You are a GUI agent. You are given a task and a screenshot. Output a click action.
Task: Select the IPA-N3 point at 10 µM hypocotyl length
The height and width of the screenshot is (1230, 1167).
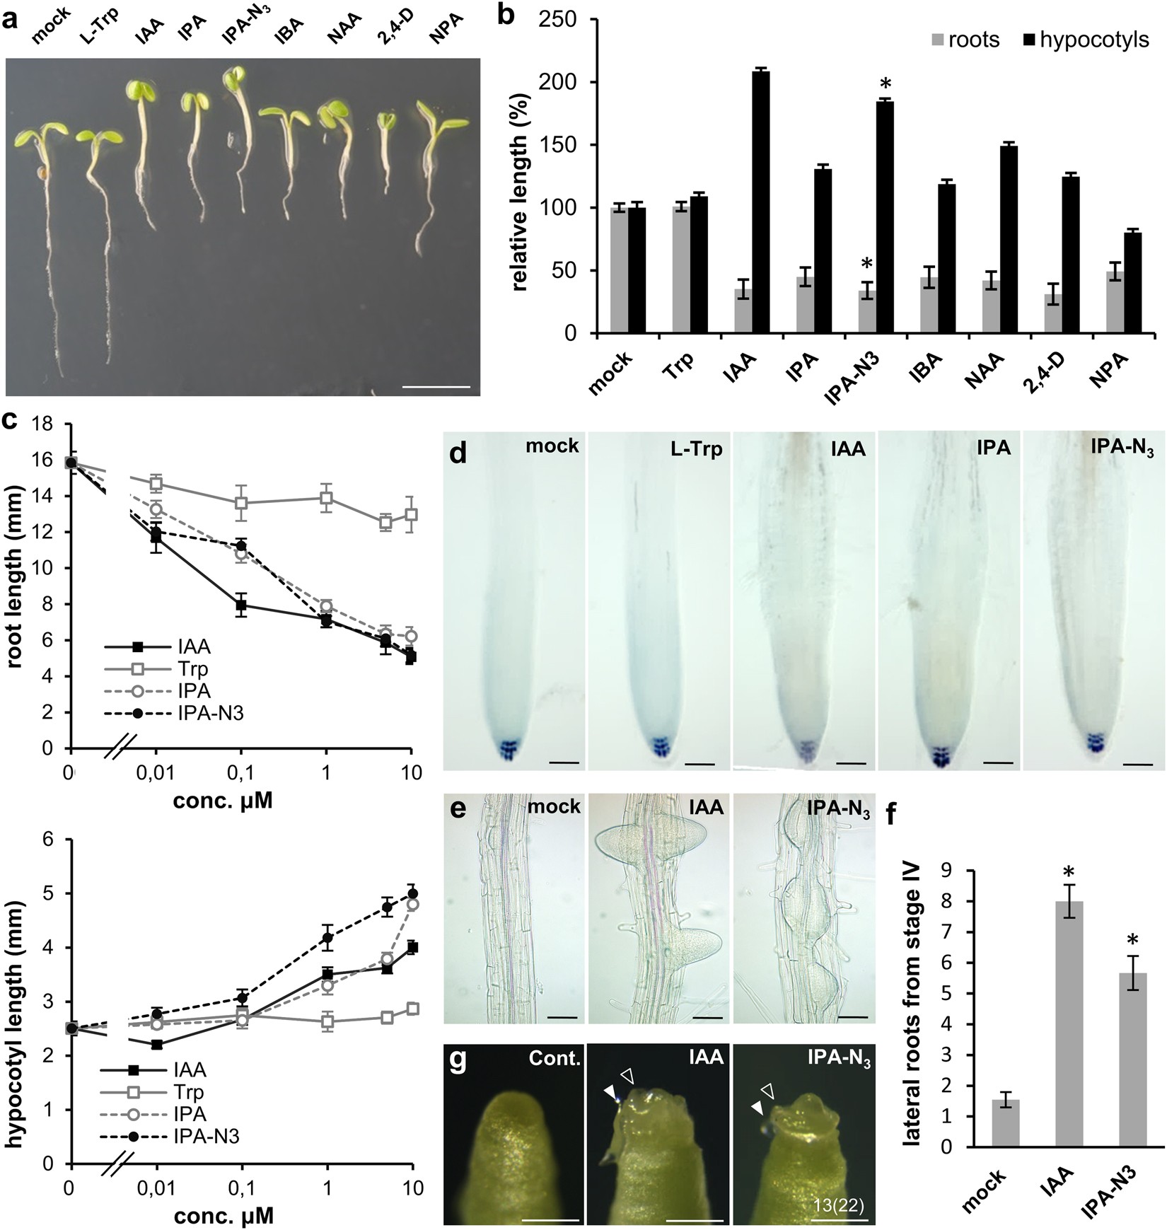pyautogui.click(x=411, y=893)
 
